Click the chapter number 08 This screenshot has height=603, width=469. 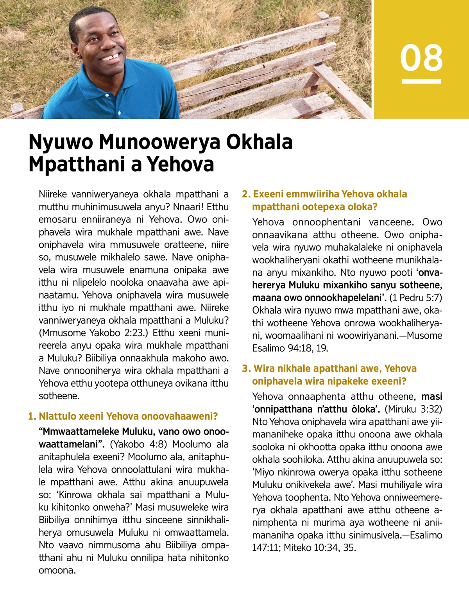point(421,58)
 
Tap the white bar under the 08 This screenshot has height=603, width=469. point(421,81)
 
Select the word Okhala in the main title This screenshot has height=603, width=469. point(260,141)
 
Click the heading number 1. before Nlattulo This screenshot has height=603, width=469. point(32,417)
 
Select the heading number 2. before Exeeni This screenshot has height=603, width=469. point(246,194)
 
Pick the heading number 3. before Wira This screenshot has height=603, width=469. point(246,369)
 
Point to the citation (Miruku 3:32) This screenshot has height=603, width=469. point(414,409)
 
